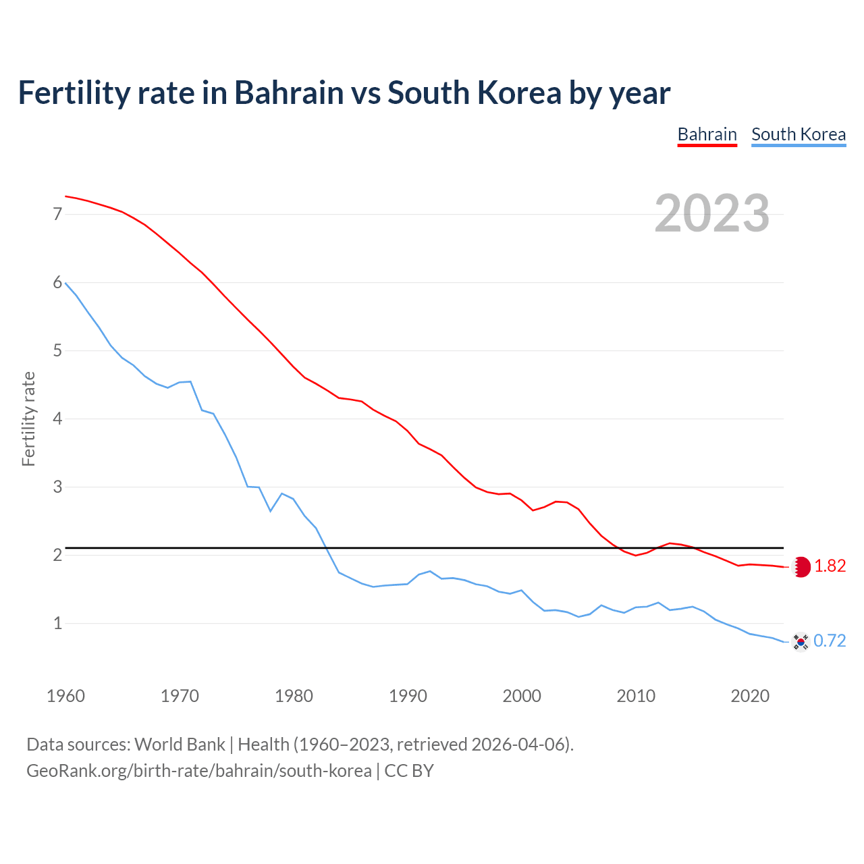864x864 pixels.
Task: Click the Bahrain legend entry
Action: pos(707,134)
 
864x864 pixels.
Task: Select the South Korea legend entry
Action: pos(798,134)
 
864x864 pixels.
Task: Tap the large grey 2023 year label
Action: pos(711,213)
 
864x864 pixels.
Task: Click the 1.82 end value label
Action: pos(830,566)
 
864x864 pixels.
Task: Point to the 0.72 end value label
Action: pos(830,641)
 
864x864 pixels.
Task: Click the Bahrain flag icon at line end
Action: pos(801,567)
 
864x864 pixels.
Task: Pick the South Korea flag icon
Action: pos(801,641)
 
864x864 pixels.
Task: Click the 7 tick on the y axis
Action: pos(57,215)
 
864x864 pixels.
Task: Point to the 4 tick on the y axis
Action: pos(57,419)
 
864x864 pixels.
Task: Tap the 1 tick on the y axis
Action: pos(57,624)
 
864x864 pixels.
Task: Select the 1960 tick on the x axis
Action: pos(65,696)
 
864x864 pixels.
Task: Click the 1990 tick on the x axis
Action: pos(408,696)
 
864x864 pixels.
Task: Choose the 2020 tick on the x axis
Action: pos(750,696)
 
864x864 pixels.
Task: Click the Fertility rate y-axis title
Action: pos(28,418)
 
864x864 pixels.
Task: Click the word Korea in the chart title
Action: pos(519,92)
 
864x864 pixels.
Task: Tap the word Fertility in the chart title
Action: pos(72,92)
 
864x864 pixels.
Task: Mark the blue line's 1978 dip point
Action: pos(271,511)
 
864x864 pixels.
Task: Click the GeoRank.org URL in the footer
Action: pos(198,771)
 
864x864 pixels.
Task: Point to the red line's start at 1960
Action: pos(65,196)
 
